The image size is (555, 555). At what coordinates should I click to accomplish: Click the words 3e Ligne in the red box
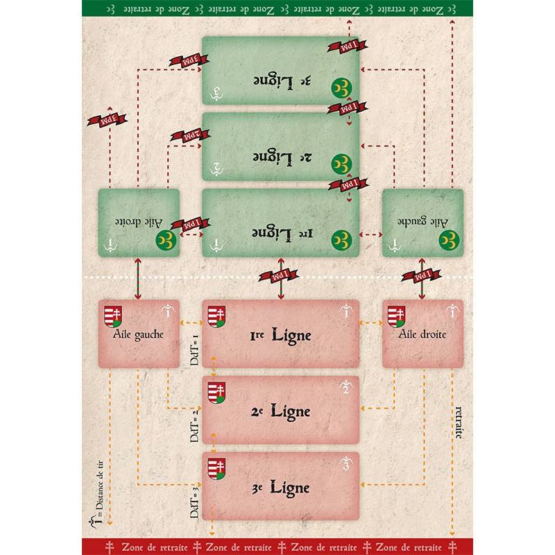(281, 487)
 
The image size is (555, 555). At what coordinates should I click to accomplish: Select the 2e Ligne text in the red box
(281, 411)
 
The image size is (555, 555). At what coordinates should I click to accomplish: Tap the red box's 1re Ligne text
(281, 336)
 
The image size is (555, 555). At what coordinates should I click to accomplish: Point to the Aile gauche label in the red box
(139, 334)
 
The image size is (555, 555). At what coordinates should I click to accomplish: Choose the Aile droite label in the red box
(422, 334)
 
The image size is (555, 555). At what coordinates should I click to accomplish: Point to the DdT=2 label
(195, 425)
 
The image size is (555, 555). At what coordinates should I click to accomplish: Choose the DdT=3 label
(195, 501)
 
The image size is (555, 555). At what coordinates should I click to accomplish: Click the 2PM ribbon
(186, 133)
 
